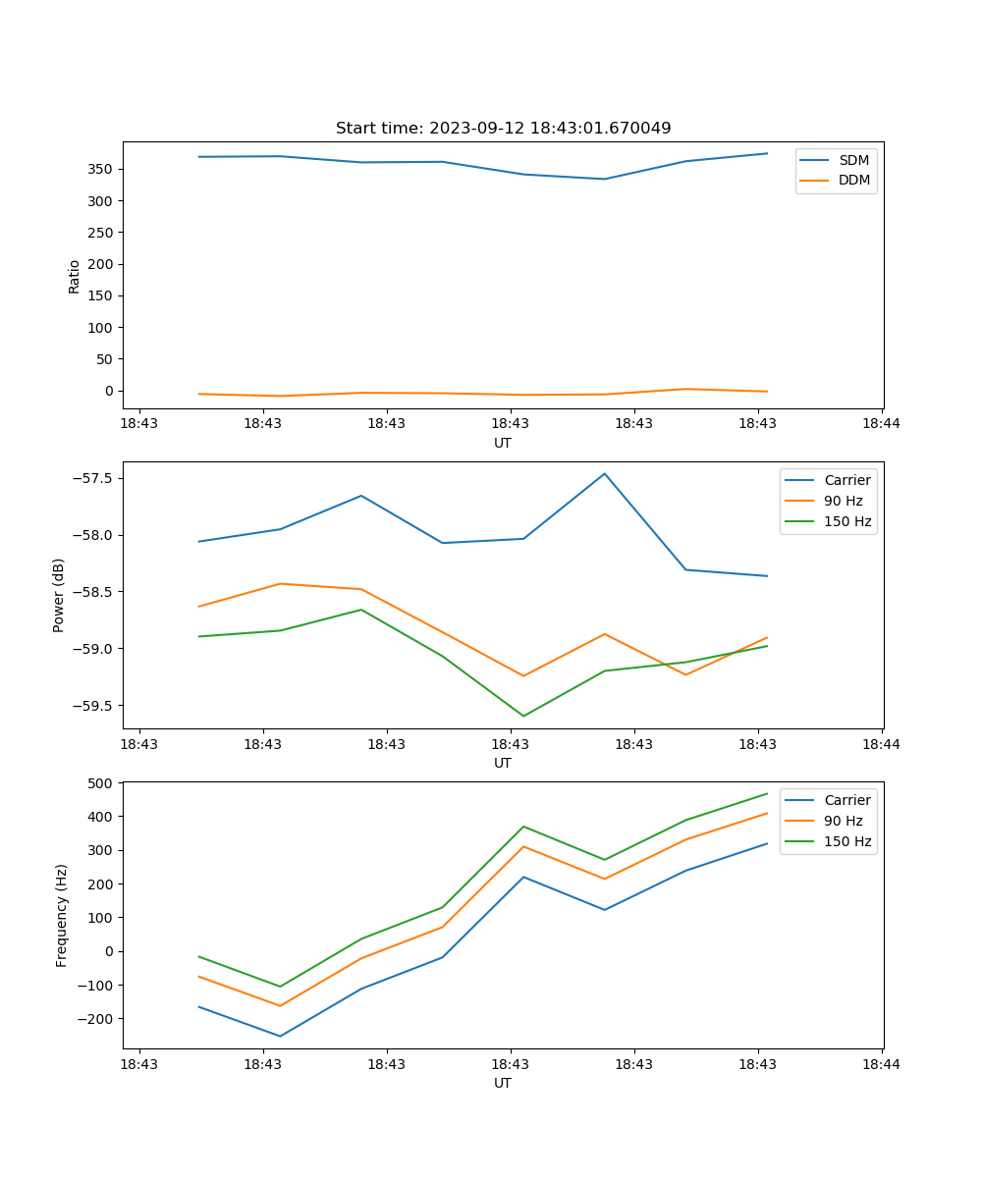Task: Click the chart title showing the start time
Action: click(503, 129)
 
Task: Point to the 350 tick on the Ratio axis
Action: click(102, 169)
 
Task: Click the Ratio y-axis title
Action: click(74, 276)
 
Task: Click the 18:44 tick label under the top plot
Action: click(881, 423)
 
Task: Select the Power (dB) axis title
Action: click(59, 595)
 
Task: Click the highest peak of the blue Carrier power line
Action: click(605, 473)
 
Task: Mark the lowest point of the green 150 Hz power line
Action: click(523, 716)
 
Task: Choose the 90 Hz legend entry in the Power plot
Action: click(844, 501)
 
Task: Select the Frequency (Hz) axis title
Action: click(62, 915)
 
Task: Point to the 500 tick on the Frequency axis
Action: click(102, 783)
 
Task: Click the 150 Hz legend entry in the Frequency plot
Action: click(847, 841)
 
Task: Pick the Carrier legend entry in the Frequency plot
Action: click(846, 800)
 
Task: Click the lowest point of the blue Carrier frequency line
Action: click(280, 1036)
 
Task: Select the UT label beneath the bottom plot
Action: click(503, 1083)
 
